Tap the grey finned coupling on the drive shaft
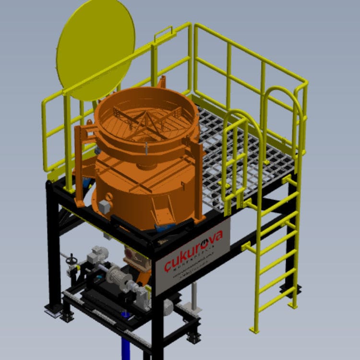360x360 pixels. (115, 276)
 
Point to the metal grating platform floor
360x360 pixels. (240, 154)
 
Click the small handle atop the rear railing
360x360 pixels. (164, 33)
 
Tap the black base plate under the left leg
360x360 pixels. (52, 310)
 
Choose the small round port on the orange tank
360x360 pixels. (109, 196)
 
